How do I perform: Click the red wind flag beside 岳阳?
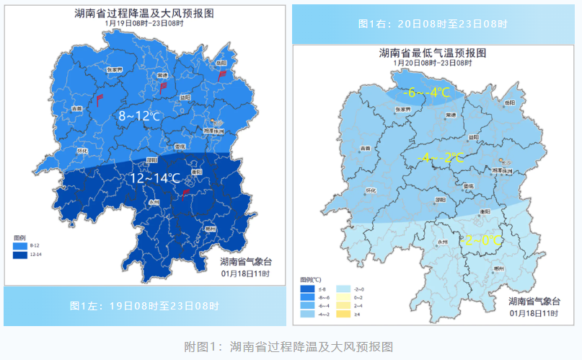(x=223, y=74)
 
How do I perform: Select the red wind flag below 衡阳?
(x=185, y=193)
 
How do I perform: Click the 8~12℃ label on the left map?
(x=140, y=116)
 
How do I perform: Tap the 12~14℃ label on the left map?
(x=154, y=178)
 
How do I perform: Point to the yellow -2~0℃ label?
(x=482, y=240)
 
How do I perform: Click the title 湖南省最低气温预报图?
(x=433, y=53)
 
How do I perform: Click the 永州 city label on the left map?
(x=154, y=203)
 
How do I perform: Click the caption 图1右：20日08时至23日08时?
(x=433, y=24)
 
